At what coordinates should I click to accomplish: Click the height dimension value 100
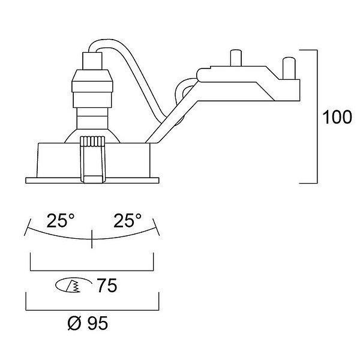pyautogui.click(x=337, y=117)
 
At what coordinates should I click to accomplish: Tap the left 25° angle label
pyautogui.click(x=61, y=221)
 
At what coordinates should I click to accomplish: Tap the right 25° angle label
pyautogui.click(x=127, y=221)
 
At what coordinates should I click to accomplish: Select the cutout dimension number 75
pyautogui.click(x=107, y=286)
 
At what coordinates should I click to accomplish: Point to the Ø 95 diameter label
pyautogui.click(x=88, y=323)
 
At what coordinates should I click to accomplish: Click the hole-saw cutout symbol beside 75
pyautogui.click(x=73, y=286)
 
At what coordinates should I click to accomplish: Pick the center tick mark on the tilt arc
pyautogui.click(x=92, y=239)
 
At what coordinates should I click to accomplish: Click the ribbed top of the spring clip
pyautogui.click(x=92, y=141)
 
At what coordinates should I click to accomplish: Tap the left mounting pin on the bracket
pyautogui.click(x=236, y=58)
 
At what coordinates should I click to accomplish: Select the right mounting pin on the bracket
pyautogui.click(x=289, y=68)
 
